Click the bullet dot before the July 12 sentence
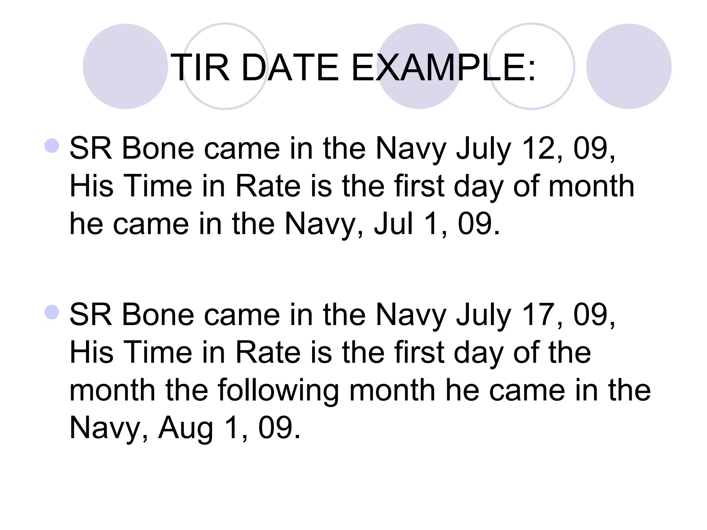pyautogui.click(x=52, y=146)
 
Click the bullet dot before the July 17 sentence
pyautogui.click(x=52, y=312)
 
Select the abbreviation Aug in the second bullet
pyautogui.click(x=185, y=428)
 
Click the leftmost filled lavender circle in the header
pyautogui.click(x=125, y=66)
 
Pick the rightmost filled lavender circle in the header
pyautogui.click(x=629, y=66)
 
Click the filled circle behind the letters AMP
pyautogui.click(x=420, y=66)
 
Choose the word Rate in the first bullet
pyautogui.click(x=268, y=186)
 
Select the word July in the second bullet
pyautogui.click(x=483, y=315)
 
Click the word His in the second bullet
pyautogui.click(x=91, y=353)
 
